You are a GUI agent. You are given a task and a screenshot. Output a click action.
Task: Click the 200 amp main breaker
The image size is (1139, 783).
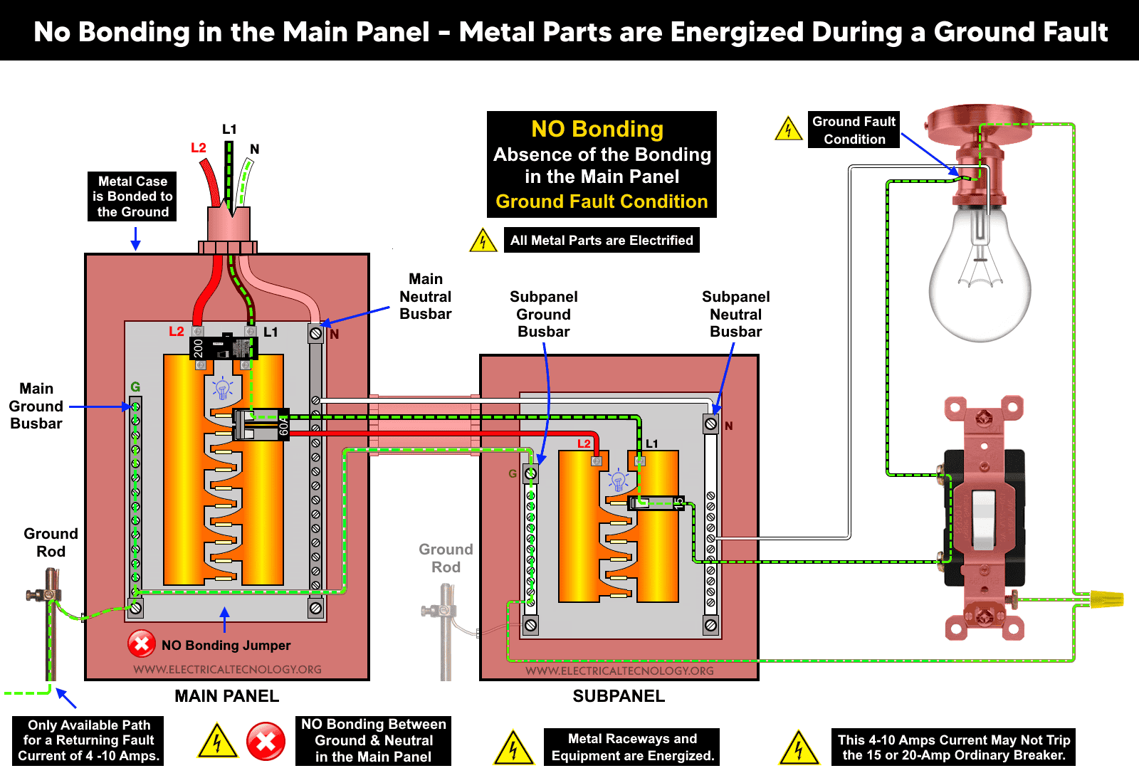223,347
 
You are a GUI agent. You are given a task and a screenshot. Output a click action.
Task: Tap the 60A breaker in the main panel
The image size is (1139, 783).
261,425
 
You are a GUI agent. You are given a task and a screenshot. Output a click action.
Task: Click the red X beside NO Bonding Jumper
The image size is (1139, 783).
142,644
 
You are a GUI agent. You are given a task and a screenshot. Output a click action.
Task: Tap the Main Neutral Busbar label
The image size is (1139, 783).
425,297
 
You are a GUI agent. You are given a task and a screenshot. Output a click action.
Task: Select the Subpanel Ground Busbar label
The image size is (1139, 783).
543,314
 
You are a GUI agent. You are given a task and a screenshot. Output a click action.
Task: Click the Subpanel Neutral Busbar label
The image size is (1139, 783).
735,314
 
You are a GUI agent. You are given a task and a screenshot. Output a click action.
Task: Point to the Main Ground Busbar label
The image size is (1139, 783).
36,406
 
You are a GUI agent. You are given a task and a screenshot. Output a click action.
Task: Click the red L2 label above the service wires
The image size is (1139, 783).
198,147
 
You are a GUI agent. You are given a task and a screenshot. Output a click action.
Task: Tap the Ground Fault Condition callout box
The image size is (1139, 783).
854,130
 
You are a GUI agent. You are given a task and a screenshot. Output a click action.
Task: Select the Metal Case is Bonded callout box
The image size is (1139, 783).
132,196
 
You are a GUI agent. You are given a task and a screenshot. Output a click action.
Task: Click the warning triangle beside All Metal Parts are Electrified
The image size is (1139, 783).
483,241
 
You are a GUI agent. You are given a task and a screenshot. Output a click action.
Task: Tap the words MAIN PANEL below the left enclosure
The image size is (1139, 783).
226,695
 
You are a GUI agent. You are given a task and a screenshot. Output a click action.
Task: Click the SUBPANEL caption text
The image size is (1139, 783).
619,695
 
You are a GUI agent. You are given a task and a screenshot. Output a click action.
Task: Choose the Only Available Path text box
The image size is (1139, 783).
88,740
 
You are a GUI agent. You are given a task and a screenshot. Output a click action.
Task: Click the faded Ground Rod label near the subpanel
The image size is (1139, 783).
446,558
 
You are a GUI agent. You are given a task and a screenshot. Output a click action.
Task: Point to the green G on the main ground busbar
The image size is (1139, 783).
135,387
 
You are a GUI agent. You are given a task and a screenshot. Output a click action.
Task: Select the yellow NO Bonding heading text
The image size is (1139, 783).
597,129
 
